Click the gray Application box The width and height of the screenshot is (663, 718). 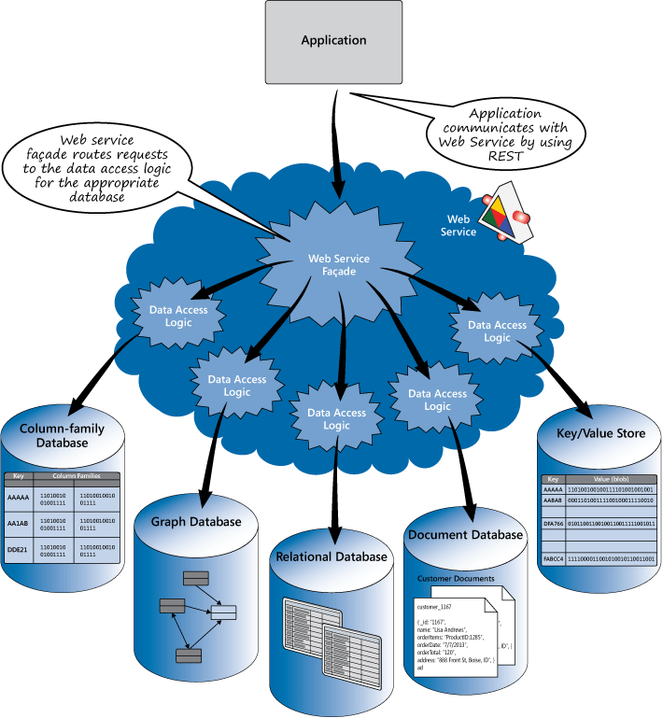[x=333, y=42]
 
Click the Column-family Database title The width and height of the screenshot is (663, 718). [x=63, y=436]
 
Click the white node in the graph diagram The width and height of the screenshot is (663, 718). [x=223, y=612]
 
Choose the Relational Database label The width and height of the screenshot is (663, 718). [x=331, y=557]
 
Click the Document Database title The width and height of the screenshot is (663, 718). [x=464, y=535]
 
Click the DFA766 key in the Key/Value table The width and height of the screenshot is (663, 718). [x=554, y=525]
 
